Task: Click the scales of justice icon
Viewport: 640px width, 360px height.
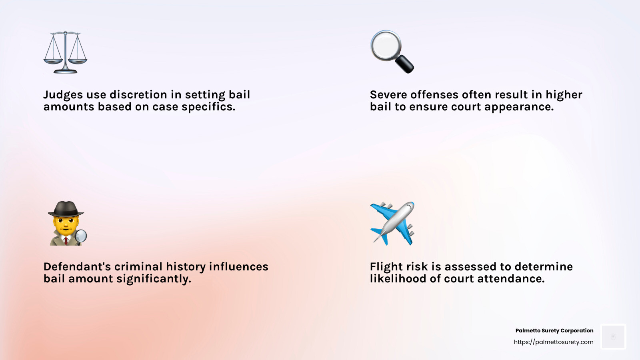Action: point(65,52)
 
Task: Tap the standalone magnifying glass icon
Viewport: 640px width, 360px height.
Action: point(392,52)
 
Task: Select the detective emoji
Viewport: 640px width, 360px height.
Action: point(67,224)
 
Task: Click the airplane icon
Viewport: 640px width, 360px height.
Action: point(392,224)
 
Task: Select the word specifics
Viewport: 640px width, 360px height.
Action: point(208,107)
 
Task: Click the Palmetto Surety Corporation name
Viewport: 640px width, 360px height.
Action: point(554,330)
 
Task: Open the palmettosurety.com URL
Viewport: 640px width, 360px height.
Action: point(554,342)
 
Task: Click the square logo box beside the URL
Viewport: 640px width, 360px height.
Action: point(613,336)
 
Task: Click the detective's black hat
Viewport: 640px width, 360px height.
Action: point(66,209)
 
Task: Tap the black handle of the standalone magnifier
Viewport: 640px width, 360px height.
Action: point(404,64)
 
